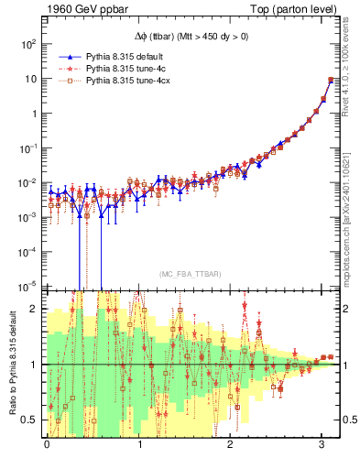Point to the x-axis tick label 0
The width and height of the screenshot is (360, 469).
47,442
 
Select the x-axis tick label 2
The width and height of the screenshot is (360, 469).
231,442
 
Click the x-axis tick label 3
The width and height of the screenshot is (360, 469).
322,442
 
